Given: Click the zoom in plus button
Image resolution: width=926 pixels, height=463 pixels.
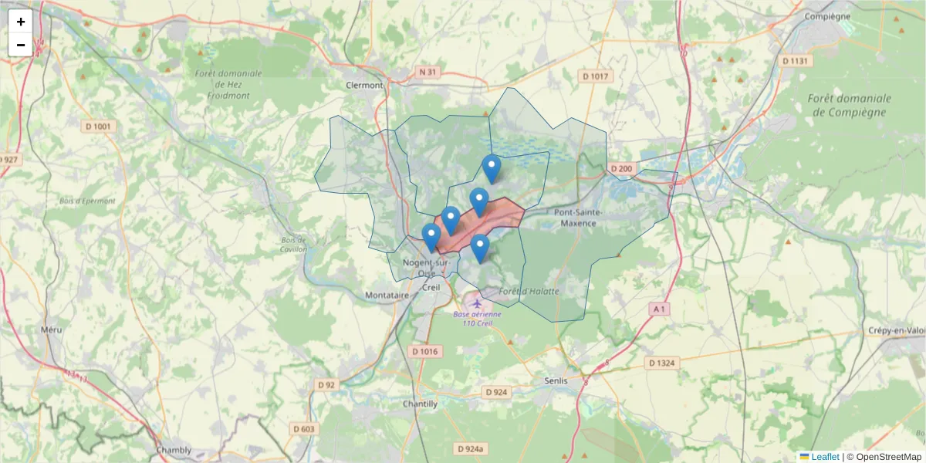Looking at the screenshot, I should (21, 22).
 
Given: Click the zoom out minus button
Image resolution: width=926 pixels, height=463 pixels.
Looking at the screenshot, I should (21, 45).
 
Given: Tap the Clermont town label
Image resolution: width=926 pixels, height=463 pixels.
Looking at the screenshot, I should (364, 86).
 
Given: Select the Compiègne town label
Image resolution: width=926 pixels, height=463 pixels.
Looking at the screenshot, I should (826, 16).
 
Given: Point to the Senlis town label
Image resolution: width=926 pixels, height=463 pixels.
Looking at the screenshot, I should (556, 381).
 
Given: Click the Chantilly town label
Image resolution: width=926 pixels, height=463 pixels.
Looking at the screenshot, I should (420, 404).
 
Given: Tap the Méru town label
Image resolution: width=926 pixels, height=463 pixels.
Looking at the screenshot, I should (52, 330).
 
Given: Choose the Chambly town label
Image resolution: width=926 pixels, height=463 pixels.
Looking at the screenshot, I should (174, 450).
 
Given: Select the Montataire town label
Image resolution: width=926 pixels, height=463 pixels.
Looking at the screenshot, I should (387, 296).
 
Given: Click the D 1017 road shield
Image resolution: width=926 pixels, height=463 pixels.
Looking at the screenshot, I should (596, 76).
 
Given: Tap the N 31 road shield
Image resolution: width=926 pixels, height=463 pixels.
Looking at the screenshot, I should (428, 72).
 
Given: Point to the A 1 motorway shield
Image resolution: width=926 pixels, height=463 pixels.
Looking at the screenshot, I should (658, 309).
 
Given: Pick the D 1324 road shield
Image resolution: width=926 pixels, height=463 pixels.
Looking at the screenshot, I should (663, 362).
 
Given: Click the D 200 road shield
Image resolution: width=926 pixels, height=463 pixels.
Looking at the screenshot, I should (620, 168).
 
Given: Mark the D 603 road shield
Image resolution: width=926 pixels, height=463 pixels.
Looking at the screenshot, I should (305, 429).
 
